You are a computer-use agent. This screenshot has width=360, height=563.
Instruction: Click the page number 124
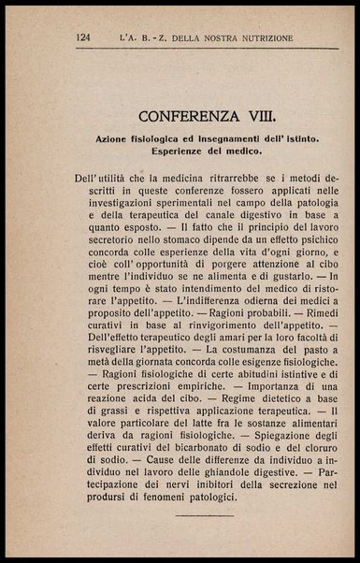(83, 38)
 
